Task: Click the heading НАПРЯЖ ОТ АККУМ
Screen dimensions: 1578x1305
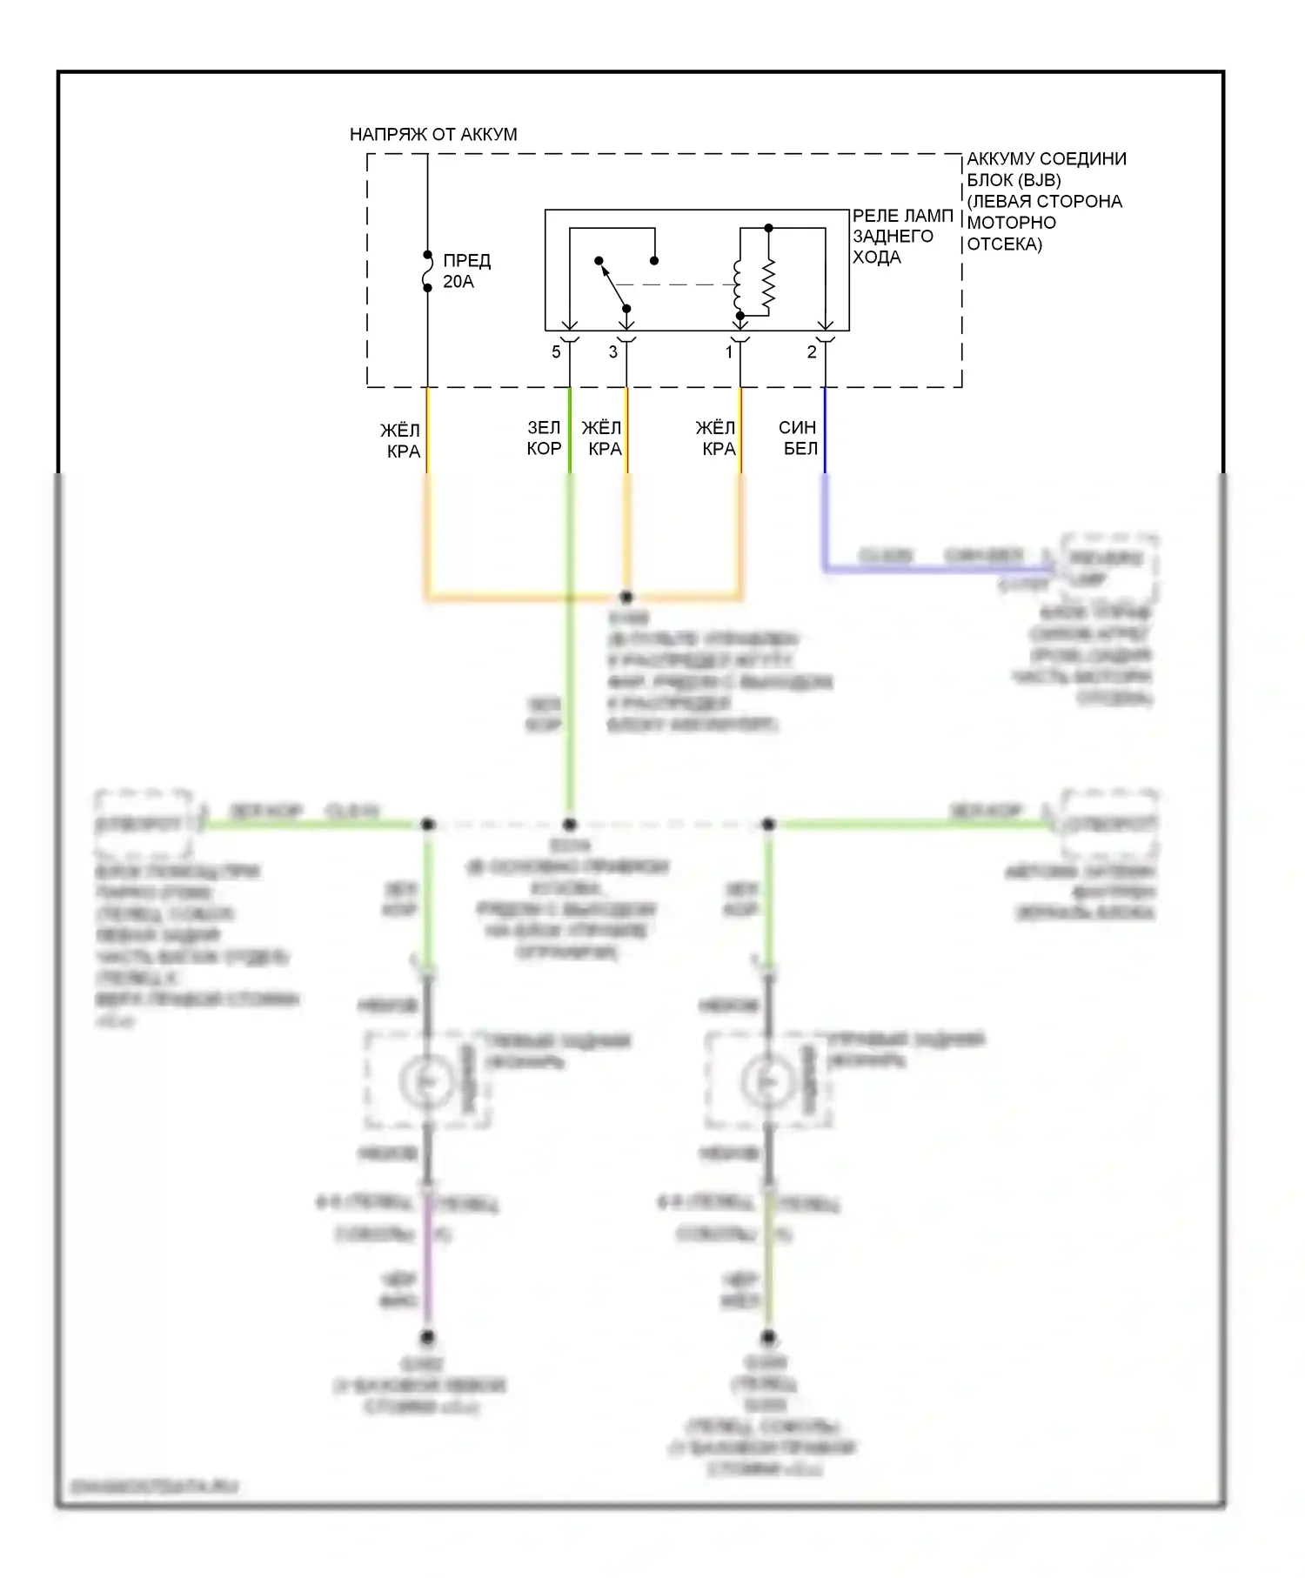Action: coord(432,134)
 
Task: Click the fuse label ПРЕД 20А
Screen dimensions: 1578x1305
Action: coord(466,271)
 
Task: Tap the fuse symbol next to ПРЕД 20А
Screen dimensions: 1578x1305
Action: coord(427,271)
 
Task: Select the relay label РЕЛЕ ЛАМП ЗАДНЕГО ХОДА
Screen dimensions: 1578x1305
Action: coord(901,236)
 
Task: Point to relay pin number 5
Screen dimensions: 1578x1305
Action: coord(556,352)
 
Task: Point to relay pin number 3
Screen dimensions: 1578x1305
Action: coord(612,352)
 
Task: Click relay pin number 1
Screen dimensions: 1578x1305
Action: coord(729,352)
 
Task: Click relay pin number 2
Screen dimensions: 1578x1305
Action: coord(812,352)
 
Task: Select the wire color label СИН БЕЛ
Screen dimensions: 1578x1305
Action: coord(798,438)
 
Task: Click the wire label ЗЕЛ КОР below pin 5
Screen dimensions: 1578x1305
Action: coord(544,438)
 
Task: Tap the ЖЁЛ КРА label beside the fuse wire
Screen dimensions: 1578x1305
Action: coord(401,440)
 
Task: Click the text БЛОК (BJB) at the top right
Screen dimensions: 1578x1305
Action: coord(1014,180)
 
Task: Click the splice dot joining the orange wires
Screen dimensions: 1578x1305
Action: coord(626,597)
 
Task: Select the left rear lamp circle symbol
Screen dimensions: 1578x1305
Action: coord(426,1080)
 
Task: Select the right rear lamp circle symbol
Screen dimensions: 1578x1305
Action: coord(767,1080)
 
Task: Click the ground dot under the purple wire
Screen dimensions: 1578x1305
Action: coord(427,1337)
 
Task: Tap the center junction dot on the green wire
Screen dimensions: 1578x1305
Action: coord(570,824)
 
